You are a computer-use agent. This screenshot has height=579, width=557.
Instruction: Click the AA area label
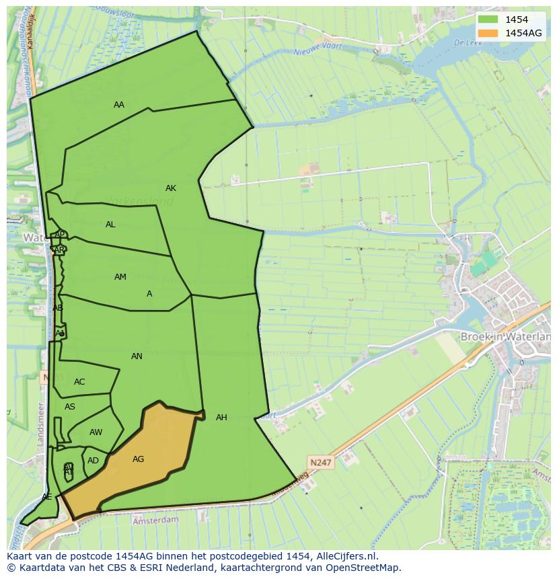click(x=119, y=105)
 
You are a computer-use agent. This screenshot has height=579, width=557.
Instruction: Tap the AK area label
click(x=171, y=188)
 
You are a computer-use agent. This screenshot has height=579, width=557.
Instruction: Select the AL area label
click(x=110, y=225)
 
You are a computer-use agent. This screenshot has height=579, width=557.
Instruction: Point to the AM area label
click(x=120, y=277)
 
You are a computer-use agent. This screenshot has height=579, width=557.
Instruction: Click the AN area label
click(x=137, y=356)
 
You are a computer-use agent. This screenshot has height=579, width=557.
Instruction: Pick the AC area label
click(x=79, y=382)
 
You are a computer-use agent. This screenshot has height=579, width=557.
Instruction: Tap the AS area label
click(x=70, y=407)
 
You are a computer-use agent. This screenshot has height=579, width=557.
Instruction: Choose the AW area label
click(x=96, y=432)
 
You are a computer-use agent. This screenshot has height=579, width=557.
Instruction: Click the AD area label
click(x=93, y=461)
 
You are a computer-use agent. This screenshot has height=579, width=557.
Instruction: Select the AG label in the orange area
click(x=138, y=459)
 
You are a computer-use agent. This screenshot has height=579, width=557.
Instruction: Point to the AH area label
click(x=221, y=418)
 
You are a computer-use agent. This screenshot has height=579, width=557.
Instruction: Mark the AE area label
click(x=46, y=497)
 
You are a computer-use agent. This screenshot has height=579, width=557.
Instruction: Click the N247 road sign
click(x=320, y=463)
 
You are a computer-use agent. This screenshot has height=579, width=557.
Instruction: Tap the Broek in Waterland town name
click(x=505, y=336)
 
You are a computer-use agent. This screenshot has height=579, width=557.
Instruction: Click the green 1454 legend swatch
click(x=488, y=20)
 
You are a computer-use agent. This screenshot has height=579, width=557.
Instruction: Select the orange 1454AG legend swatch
click(x=488, y=33)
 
